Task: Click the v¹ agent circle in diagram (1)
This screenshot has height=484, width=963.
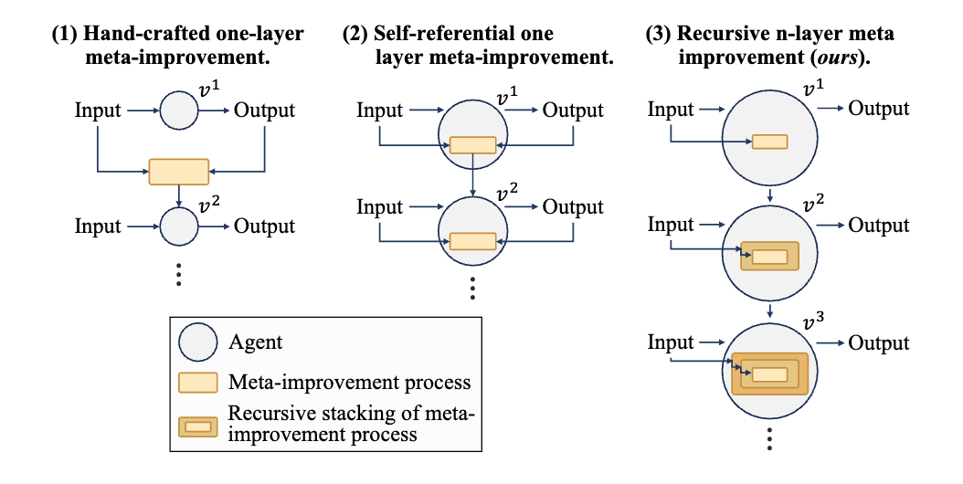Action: (x=179, y=111)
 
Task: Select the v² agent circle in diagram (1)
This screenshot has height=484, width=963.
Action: (x=179, y=226)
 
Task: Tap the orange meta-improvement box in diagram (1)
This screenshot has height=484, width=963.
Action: (x=179, y=172)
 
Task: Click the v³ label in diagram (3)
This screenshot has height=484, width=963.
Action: (x=814, y=320)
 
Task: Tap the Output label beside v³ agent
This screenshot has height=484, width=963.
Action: (x=878, y=343)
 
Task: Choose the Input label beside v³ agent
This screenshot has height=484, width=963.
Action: (x=671, y=342)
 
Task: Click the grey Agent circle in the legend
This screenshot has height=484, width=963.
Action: (x=197, y=342)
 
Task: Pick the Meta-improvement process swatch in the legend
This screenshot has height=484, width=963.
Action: (x=197, y=383)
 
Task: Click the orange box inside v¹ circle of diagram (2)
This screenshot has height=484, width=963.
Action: (x=473, y=145)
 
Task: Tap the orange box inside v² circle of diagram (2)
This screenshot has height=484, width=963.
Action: (x=473, y=241)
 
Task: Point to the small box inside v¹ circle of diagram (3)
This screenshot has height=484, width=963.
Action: (x=769, y=142)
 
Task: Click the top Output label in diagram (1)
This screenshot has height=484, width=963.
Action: (x=264, y=110)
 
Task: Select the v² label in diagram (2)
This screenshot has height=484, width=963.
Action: (x=507, y=193)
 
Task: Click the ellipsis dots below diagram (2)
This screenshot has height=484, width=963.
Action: (x=472, y=288)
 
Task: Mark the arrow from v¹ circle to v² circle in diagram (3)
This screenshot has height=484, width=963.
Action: (x=769, y=195)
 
